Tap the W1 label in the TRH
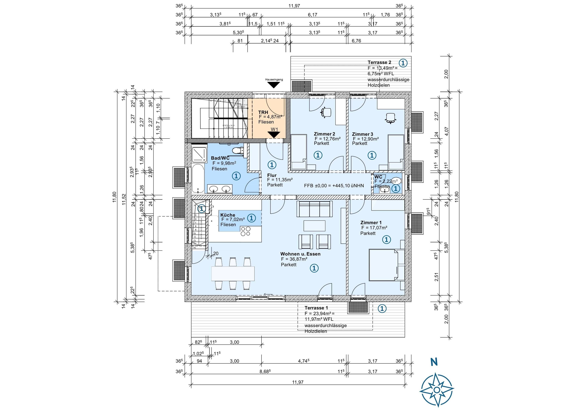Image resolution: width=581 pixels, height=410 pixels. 274,129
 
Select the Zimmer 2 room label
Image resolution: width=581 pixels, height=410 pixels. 324,134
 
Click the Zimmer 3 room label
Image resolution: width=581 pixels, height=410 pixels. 362,134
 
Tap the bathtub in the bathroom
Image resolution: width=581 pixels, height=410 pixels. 198,178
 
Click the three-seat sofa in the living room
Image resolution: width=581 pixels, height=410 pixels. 315,209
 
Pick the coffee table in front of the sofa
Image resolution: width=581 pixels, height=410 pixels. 315,226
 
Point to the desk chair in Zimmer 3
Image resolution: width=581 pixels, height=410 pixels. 391,118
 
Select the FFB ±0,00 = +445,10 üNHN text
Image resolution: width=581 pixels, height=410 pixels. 334,186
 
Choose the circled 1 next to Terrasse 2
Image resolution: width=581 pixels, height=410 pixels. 403,63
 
